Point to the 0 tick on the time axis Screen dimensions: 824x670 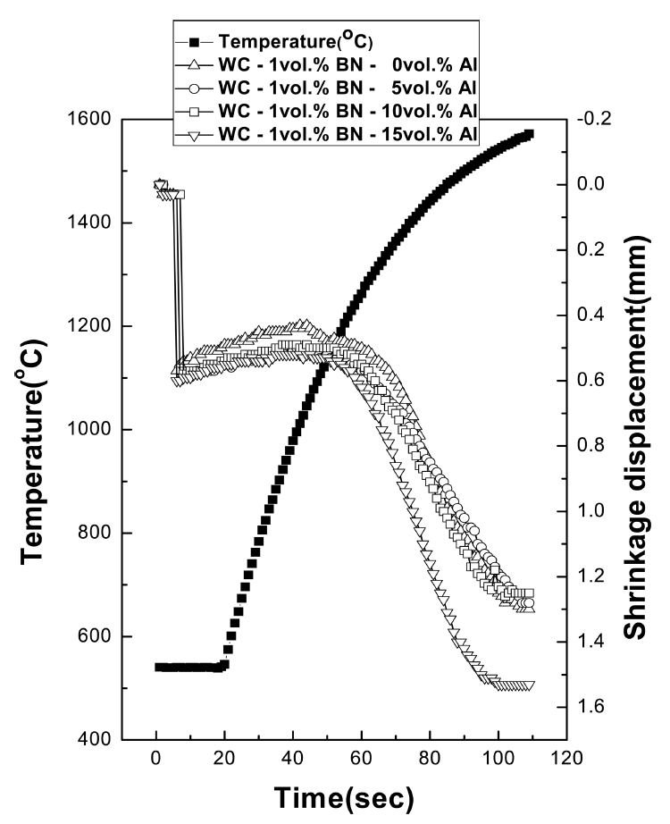[156, 761]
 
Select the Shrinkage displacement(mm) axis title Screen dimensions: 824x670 [639, 429]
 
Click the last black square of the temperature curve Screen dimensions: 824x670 [529, 134]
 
